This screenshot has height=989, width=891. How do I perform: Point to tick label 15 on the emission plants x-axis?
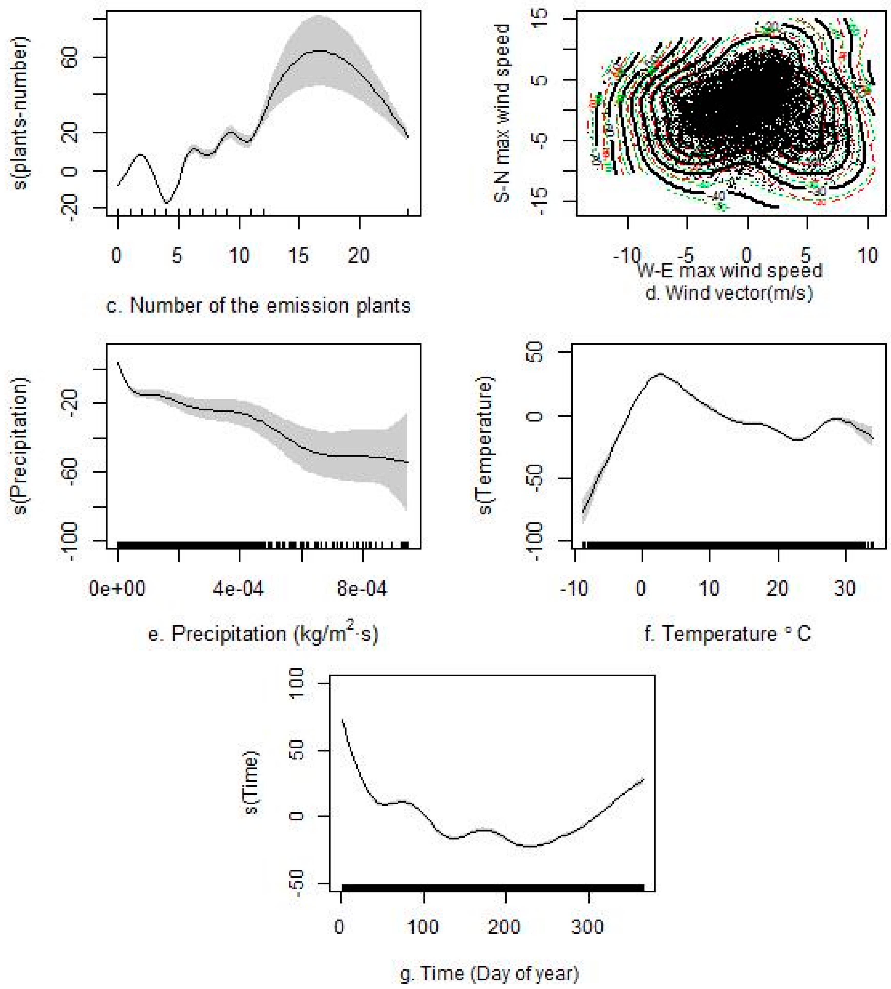pyautogui.click(x=299, y=255)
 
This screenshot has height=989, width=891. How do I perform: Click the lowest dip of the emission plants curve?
pyautogui.click(x=167, y=203)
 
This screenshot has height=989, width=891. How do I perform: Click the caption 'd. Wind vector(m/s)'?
pyautogui.click(x=730, y=293)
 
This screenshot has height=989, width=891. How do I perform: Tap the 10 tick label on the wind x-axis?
pyautogui.click(x=868, y=255)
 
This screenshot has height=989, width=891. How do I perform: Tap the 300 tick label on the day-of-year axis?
pyautogui.click(x=588, y=927)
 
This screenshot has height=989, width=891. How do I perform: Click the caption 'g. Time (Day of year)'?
pyautogui.click(x=489, y=973)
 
